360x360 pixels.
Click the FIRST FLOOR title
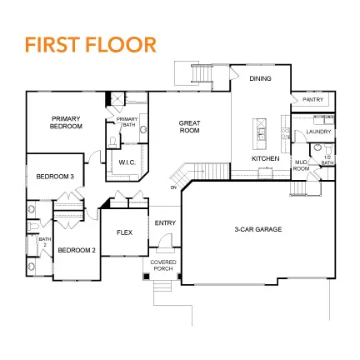(90, 44)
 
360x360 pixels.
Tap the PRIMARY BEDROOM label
(67, 122)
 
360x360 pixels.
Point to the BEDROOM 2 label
(77, 250)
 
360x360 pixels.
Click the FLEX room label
(125, 232)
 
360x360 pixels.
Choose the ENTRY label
(165, 222)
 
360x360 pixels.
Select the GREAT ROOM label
(190, 127)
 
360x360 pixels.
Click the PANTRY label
(312, 99)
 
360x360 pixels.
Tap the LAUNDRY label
(318, 132)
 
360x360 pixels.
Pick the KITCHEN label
(265, 157)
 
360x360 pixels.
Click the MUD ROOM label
(302, 166)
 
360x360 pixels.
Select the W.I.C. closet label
(127, 162)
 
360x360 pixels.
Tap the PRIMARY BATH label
(127, 122)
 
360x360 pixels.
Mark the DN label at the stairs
(173, 187)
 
